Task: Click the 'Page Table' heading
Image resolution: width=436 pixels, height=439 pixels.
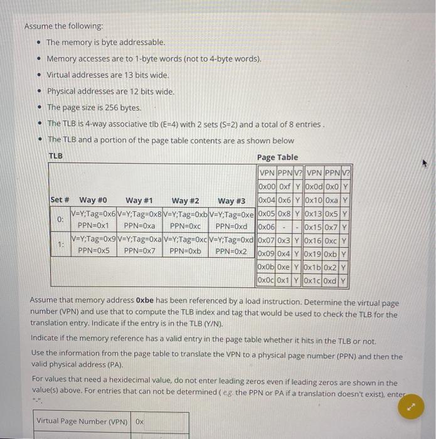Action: pos(277,157)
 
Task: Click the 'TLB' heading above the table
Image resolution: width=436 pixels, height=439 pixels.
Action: pos(55,156)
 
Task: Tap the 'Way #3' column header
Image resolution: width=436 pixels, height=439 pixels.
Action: pos(231,200)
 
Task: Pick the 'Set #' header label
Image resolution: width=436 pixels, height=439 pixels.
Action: pos(60,200)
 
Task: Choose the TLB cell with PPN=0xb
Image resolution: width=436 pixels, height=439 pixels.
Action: pos(186,250)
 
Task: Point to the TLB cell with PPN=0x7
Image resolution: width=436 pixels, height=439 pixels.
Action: pos(139,250)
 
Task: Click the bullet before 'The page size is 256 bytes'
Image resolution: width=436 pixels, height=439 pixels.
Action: pos(38,107)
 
